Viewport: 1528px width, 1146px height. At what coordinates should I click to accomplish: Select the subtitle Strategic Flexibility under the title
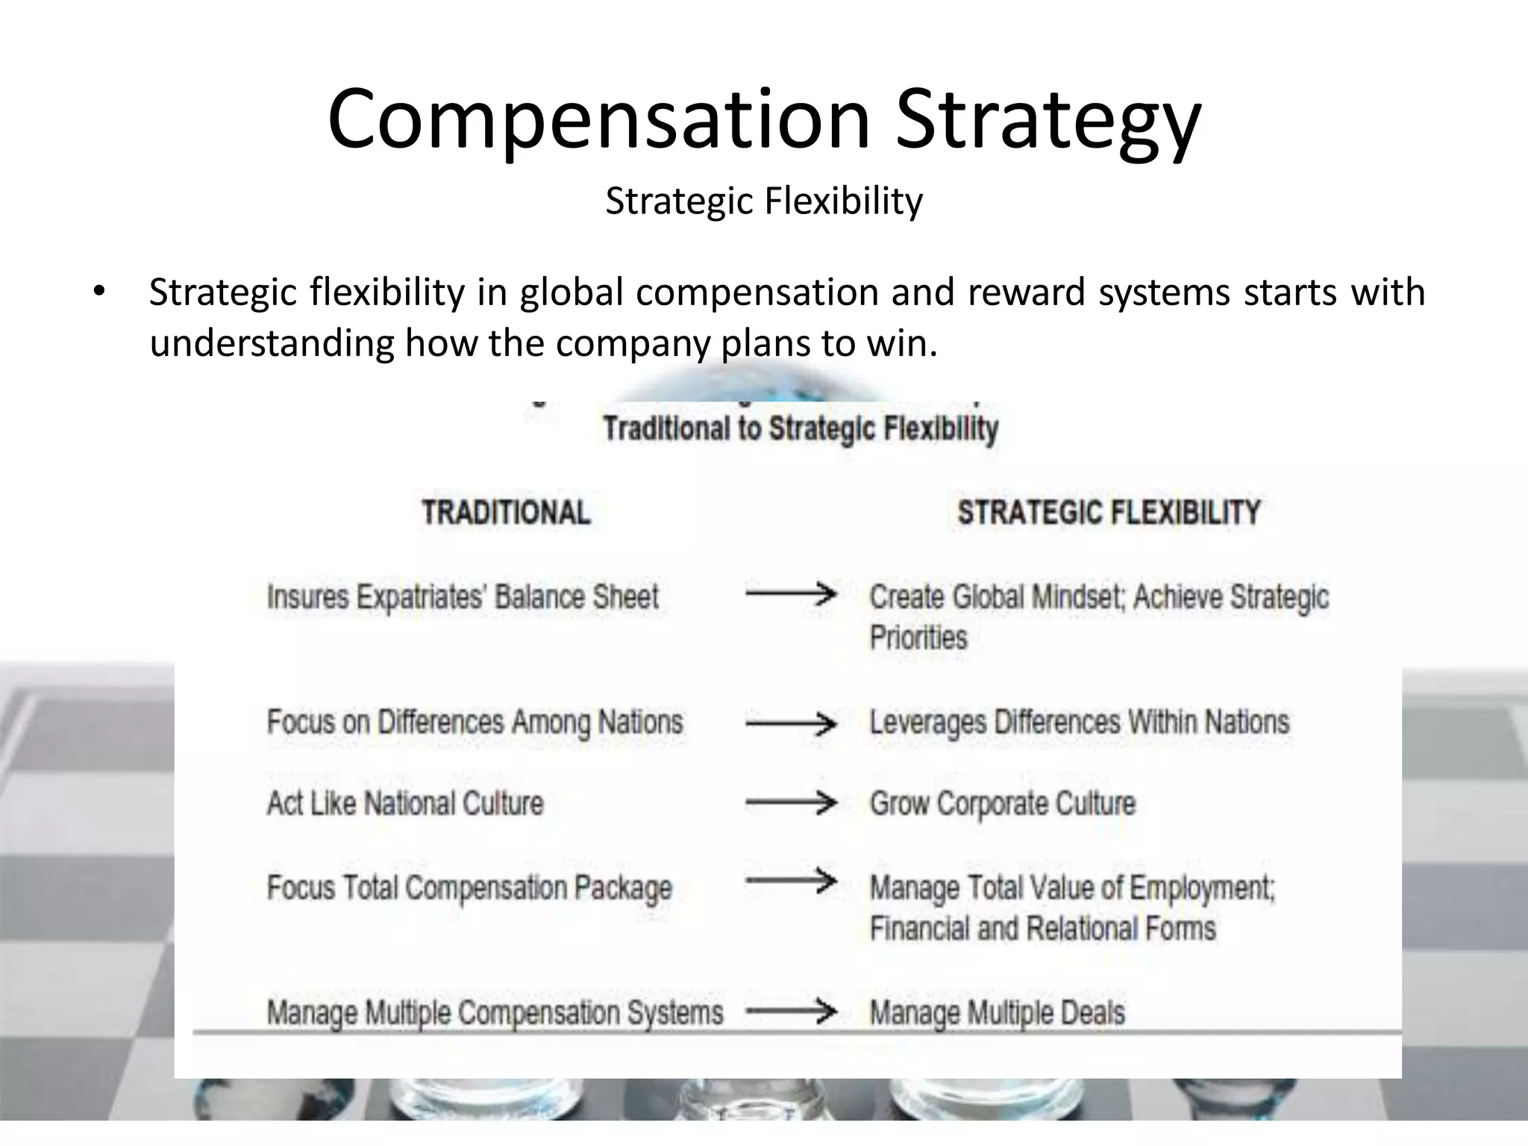click(x=764, y=201)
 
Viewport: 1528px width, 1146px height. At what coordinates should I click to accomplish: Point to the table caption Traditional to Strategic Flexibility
click(x=801, y=429)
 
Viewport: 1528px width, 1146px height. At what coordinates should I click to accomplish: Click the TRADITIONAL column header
click(x=506, y=513)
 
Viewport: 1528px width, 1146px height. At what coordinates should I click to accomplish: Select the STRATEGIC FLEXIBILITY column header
click(x=1109, y=513)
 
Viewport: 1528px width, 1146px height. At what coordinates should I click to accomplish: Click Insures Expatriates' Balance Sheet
click(x=463, y=598)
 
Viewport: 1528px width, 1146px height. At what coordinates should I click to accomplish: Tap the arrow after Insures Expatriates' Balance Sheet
click(x=791, y=594)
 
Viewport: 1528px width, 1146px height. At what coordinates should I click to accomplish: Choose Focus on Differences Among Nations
click(x=475, y=722)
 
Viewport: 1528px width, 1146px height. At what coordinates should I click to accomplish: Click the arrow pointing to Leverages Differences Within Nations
click(x=791, y=723)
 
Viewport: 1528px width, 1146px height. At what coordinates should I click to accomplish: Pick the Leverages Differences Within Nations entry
click(x=1079, y=722)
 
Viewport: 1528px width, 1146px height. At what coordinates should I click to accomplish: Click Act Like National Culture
click(x=405, y=804)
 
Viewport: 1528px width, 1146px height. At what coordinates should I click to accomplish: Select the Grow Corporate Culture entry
click(x=1002, y=804)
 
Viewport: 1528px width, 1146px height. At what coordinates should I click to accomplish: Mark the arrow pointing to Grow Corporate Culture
click(x=791, y=803)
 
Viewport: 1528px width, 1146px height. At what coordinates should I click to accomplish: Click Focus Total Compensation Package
click(x=469, y=888)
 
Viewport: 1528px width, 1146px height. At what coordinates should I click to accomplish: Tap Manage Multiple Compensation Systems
click(x=495, y=1012)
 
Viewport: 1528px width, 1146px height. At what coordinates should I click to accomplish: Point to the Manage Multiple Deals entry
click(x=997, y=1012)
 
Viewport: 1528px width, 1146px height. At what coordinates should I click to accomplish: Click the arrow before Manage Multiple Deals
click(x=791, y=1012)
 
